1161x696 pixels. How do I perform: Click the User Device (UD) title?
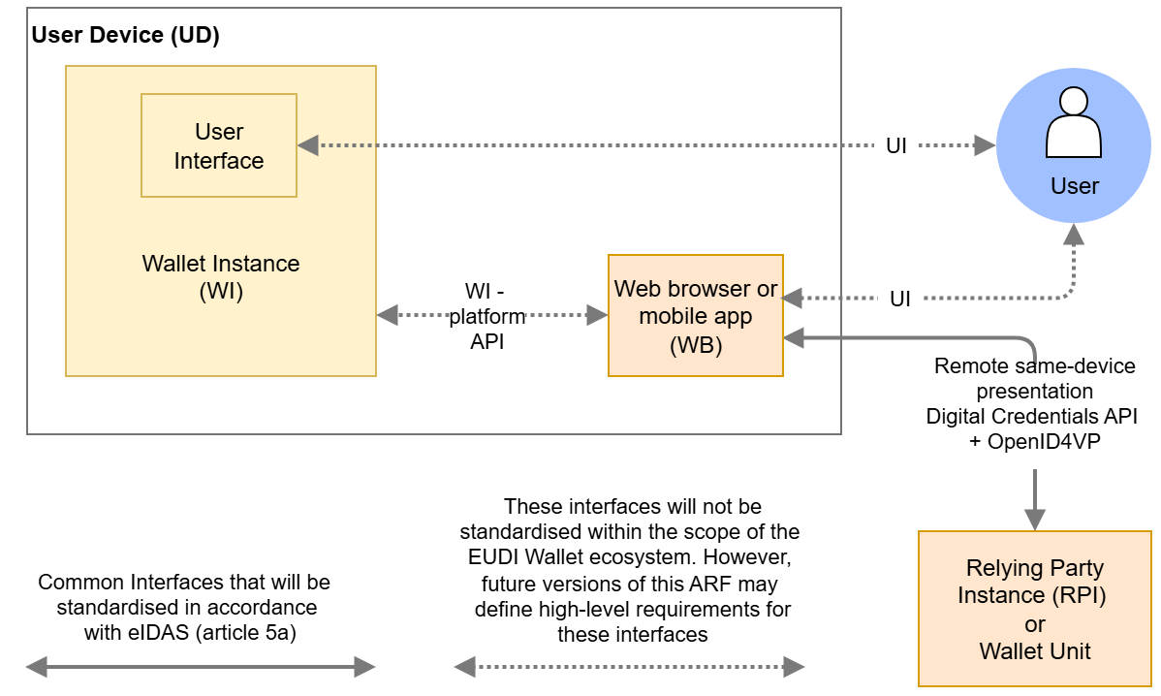126,36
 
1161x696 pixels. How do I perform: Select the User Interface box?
219,145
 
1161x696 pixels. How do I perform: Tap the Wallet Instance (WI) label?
221,277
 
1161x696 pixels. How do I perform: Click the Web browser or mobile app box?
695,316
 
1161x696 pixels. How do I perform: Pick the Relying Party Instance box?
1034,608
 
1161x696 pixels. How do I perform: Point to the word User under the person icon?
1075,186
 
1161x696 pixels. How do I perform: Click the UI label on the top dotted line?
896,146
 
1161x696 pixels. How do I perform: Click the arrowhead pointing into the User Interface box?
308,145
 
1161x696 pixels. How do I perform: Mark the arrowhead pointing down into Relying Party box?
1035,520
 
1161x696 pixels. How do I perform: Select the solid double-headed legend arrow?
200,666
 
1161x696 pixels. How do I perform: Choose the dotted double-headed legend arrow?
629,666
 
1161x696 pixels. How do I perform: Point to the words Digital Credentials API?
1031,416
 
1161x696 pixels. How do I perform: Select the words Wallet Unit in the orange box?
1035,651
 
